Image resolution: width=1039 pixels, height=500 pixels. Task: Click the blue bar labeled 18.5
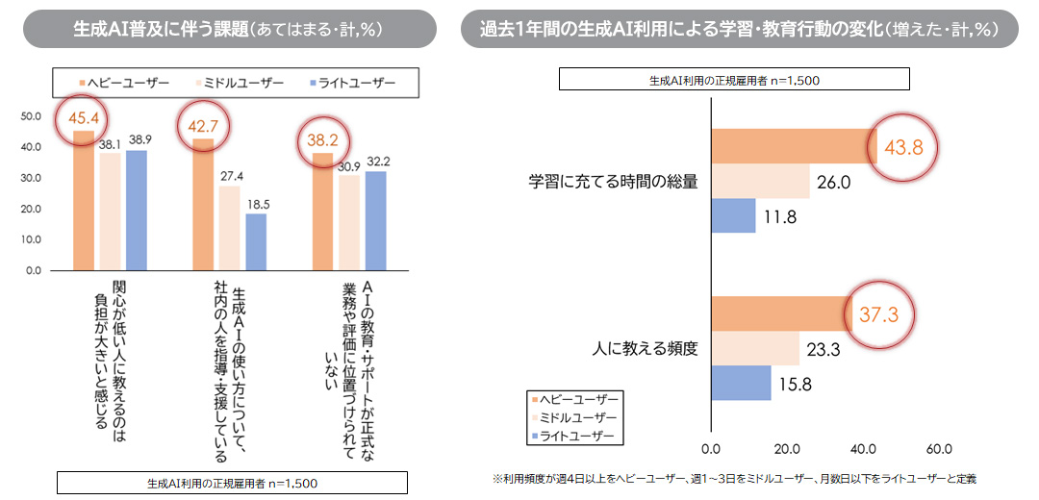pyautogui.click(x=256, y=241)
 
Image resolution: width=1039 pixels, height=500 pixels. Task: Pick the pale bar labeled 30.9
pyautogui.click(x=348, y=222)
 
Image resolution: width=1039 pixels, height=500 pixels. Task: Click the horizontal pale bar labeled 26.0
pyautogui.click(x=760, y=181)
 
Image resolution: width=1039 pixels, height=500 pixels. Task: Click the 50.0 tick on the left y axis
pyautogui.click(x=31, y=116)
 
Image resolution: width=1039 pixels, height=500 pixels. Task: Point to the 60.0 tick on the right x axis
pyautogui.click(x=938, y=449)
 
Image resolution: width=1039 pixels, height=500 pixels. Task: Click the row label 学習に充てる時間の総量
pyautogui.click(x=613, y=181)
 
